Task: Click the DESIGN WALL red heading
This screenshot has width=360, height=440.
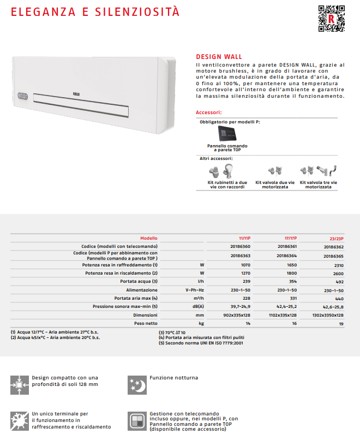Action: [x=219, y=57]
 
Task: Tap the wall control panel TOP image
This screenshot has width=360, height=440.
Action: [x=227, y=133]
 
